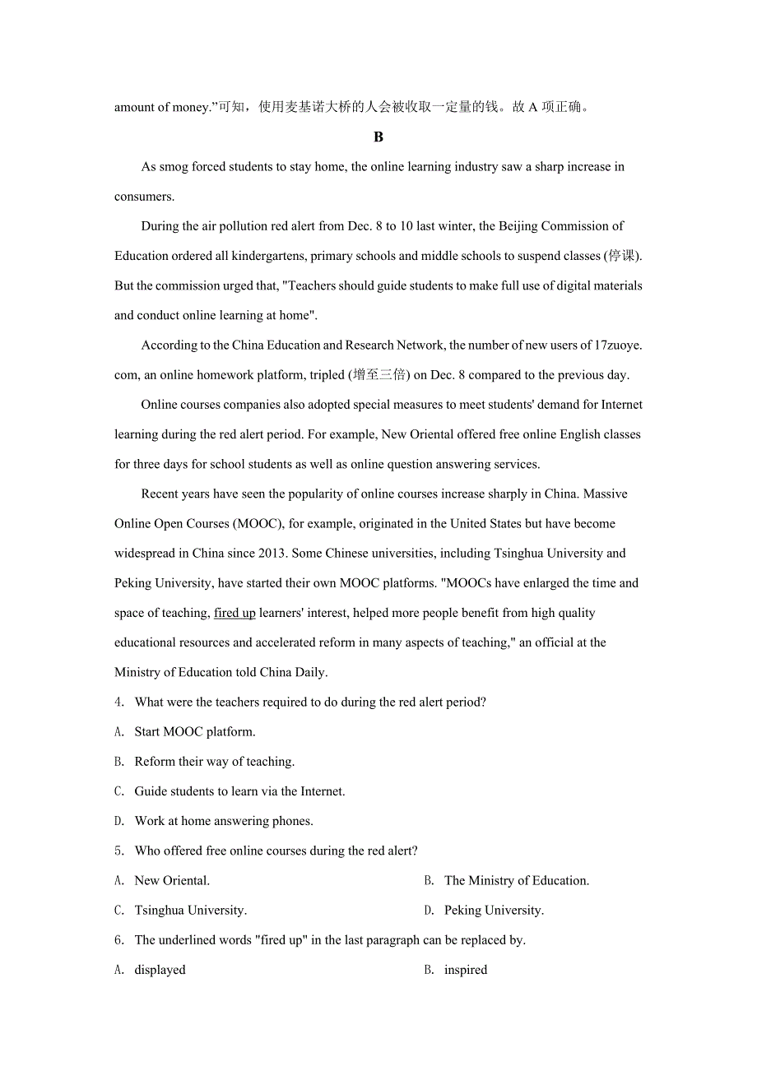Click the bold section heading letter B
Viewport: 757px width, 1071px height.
click(378, 137)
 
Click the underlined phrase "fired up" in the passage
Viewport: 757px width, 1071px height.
click(235, 613)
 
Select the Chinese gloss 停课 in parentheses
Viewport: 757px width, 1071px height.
click(622, 256)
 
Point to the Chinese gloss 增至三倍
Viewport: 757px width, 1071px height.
click(379, 375)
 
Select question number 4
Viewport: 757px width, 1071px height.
click(119, 702)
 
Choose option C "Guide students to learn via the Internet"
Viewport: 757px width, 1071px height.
click(239, 791)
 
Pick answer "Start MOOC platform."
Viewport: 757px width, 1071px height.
click(195, 732)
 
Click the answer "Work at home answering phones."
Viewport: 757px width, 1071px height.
click(224, 821)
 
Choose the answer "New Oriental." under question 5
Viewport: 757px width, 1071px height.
click(172, 881)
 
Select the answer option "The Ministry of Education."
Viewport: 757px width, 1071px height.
click(516, 881)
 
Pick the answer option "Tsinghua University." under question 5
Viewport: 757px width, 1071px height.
click(190, 911)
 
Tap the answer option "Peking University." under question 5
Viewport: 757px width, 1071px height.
click(494, 911)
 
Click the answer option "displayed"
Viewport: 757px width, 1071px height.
click(160, 970)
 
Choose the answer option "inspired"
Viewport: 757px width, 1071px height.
click(466, 970)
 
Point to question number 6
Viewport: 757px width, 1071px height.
click(119, 940)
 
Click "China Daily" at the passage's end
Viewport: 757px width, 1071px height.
click(292, 673)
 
